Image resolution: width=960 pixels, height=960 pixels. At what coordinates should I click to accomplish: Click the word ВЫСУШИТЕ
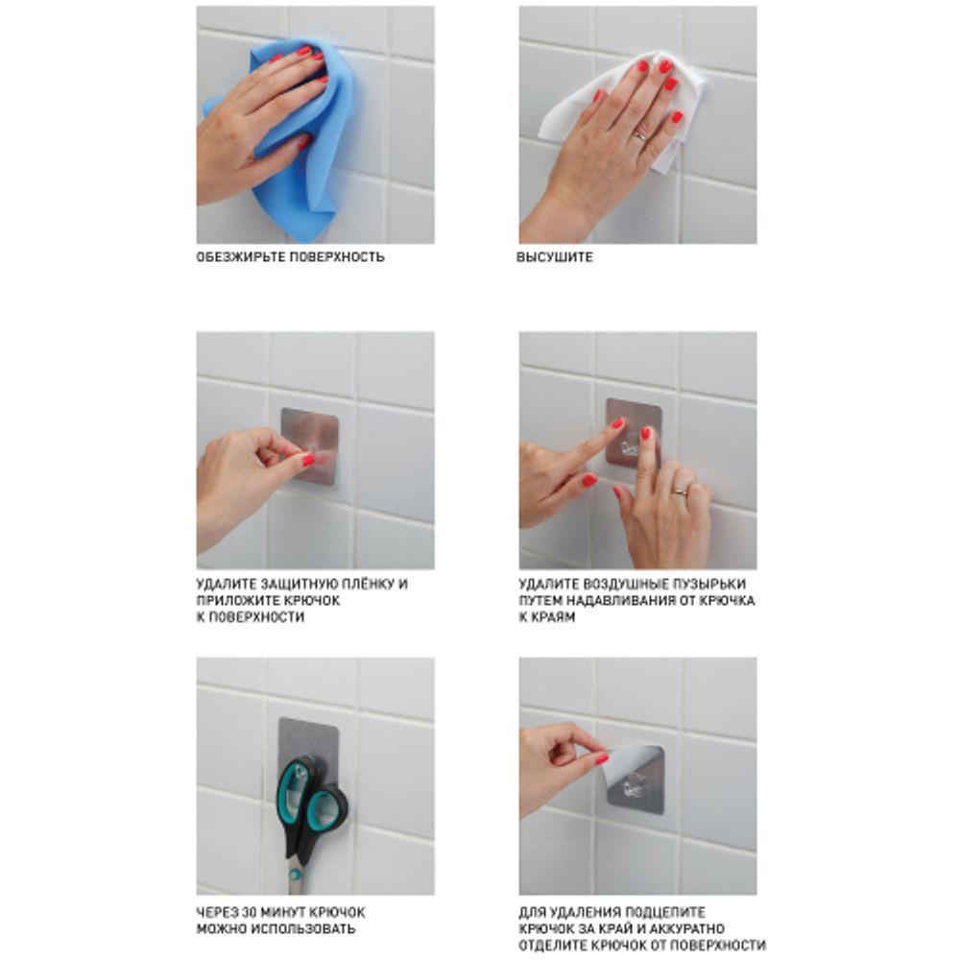(555, 257)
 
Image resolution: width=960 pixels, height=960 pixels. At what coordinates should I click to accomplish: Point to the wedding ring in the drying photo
(639, 136)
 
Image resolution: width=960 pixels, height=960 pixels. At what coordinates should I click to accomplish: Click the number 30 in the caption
(251, 912)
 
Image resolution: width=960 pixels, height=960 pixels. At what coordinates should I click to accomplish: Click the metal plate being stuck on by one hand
(310, 446)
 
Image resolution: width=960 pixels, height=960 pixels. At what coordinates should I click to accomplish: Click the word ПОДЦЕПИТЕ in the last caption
(668, 912)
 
